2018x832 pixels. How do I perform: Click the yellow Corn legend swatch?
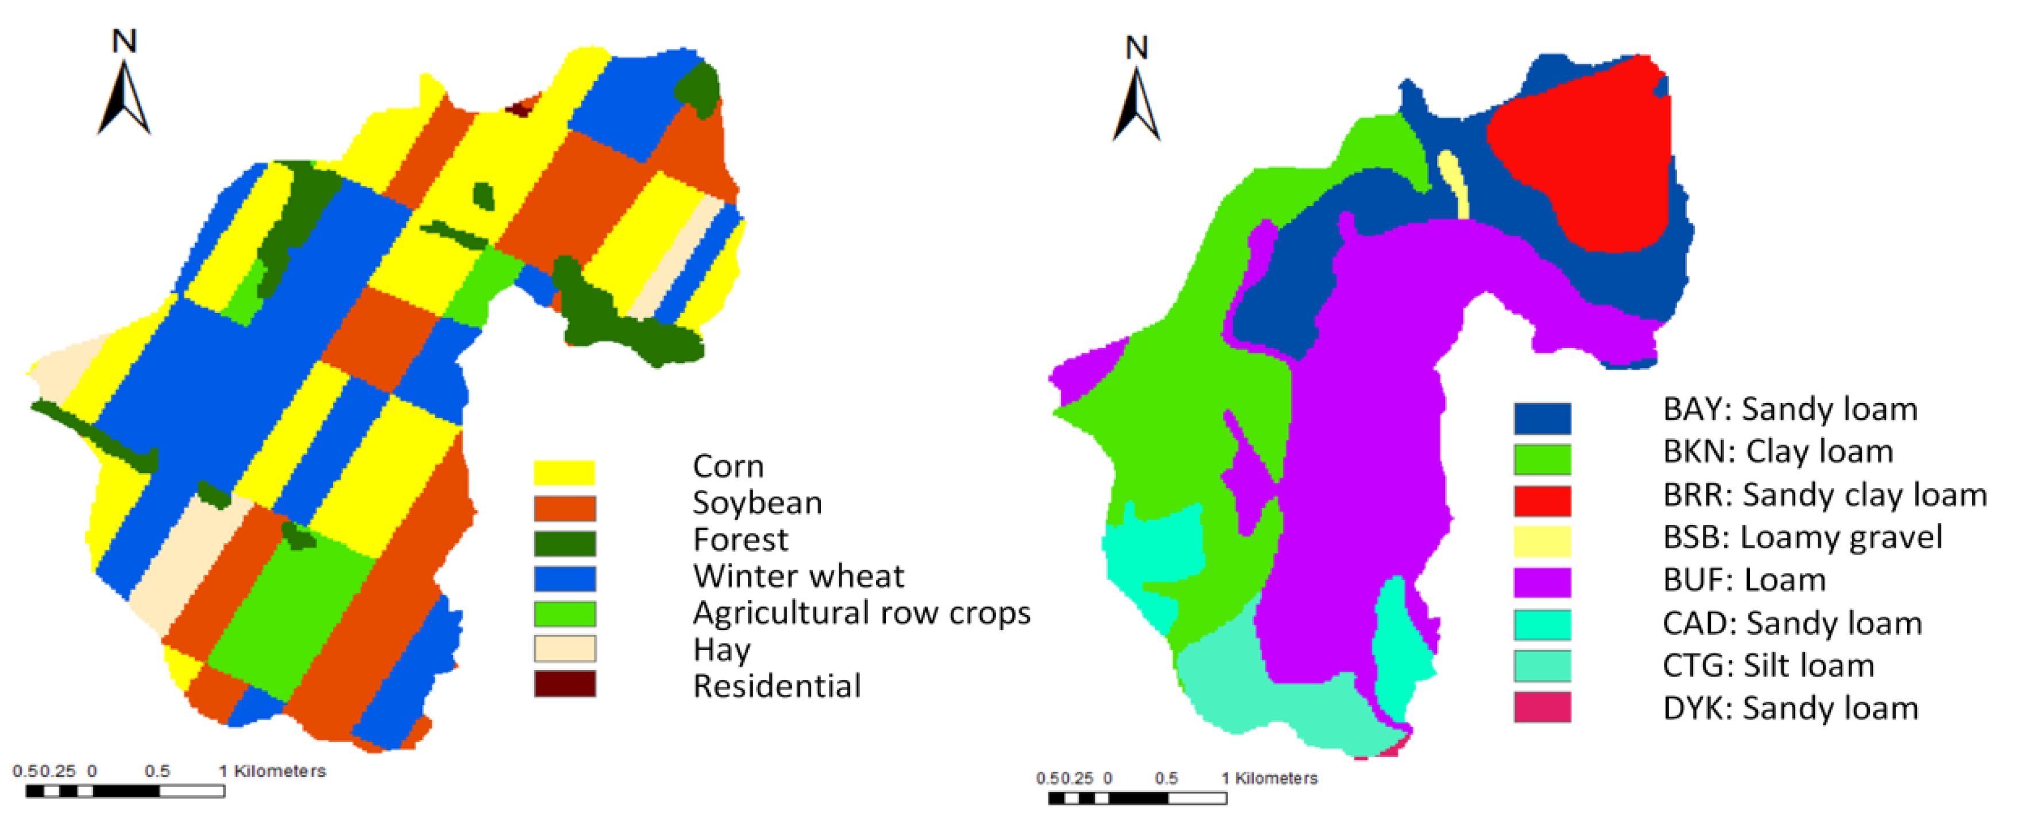[x=564, y=473]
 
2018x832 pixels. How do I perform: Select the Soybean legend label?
[x=757, y=503]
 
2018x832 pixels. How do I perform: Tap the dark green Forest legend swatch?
[x=564, y=543]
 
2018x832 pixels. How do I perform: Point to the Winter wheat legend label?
[x=797, y=576]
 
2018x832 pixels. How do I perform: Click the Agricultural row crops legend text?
[x=861, y=613]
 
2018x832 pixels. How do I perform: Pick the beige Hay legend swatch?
[x=564, y=649]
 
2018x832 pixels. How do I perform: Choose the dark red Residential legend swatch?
[x=564, y=684]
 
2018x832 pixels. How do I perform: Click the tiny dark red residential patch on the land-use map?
[x=518, y=108]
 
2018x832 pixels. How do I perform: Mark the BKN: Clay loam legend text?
[x=1777, y=452]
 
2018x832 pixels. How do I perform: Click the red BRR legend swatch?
[x=1541, y=501]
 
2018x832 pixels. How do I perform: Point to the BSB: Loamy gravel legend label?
[x=1802, y=537]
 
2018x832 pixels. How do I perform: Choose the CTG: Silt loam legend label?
[x=1768, y=666]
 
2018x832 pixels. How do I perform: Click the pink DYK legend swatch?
[x=1541, y=707]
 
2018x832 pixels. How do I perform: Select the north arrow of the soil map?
[x=1136, y=90]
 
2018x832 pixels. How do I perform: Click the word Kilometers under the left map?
[x=280, y=772]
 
